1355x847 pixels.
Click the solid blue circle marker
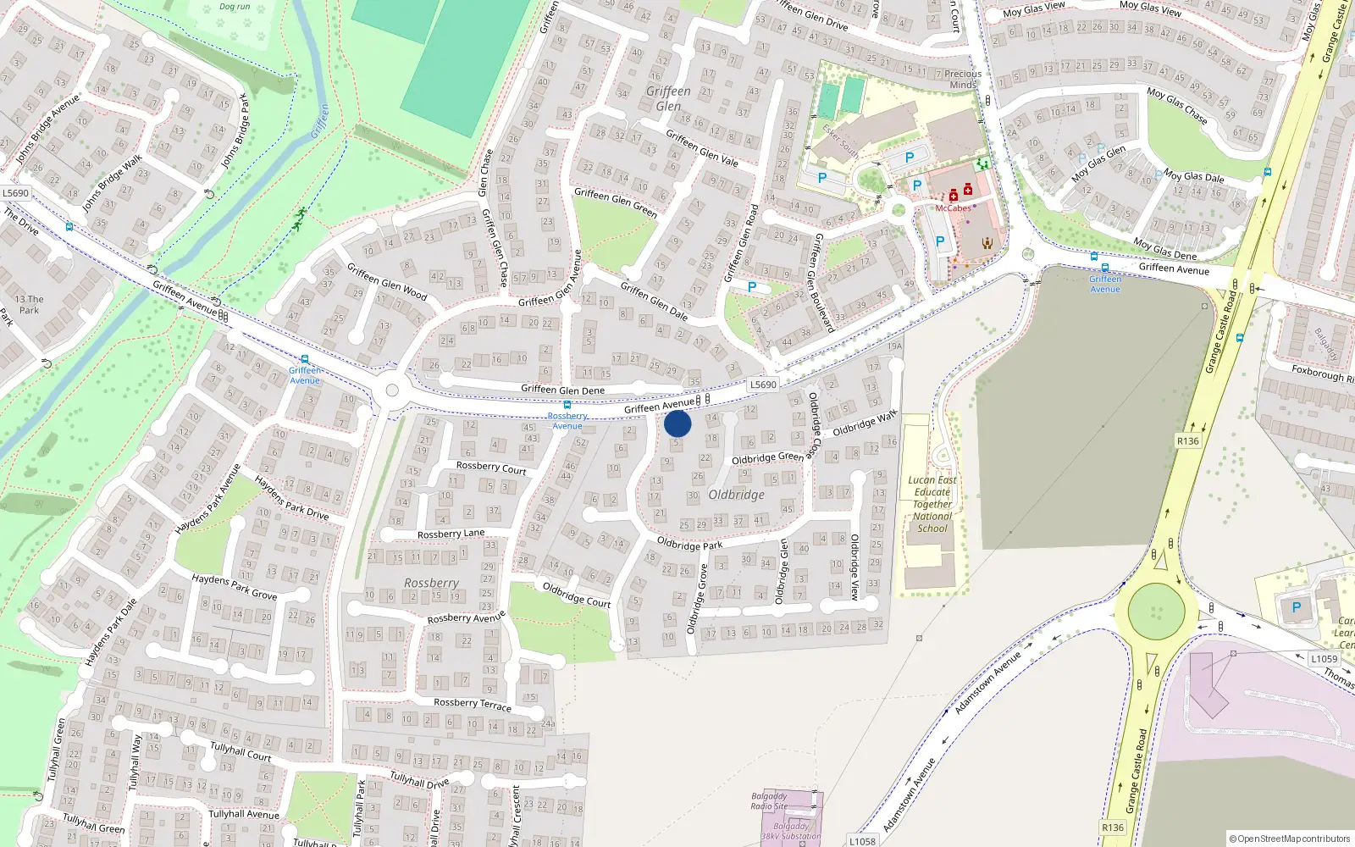pyautogui.click(x=677, y=423)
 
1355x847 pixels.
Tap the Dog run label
pyautogui.click(x=235, y=7)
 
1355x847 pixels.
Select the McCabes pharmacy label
pyautogui.click(x=953, y=208)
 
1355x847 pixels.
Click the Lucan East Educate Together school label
pyautogui.click(x=932, y=504)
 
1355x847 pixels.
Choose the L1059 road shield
pyautogui.click(x=1324, y=658)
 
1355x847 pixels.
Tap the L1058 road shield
pyautogui.click(x=862, y=841)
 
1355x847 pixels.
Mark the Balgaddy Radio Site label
pyautogui.click(x=769, y=801)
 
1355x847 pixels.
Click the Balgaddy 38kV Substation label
pyautogui.click(x=790, y=831)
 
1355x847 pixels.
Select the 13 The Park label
pyautogui.click(x=30, y=304)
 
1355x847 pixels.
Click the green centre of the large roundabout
pyautogui.click(x=1156, y=611)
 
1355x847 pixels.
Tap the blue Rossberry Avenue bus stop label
pyautogui.click(x=567, y=420)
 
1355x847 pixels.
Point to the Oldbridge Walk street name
pyautogui.click(x=864, y=423)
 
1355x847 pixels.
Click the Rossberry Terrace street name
pyautogui.click(x=473, y=704)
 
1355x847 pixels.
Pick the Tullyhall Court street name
pyautogui.click(x=241, y=751)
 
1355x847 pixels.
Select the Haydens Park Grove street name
pyautogui.click(x=235, y=586)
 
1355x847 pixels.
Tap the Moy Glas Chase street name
pyautogui.click(x=1177, y=105)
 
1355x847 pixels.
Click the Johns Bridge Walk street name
pyautogui.click(x=112, y=183)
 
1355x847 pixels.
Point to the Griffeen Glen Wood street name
pyautogui.click(x=387, y=281)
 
